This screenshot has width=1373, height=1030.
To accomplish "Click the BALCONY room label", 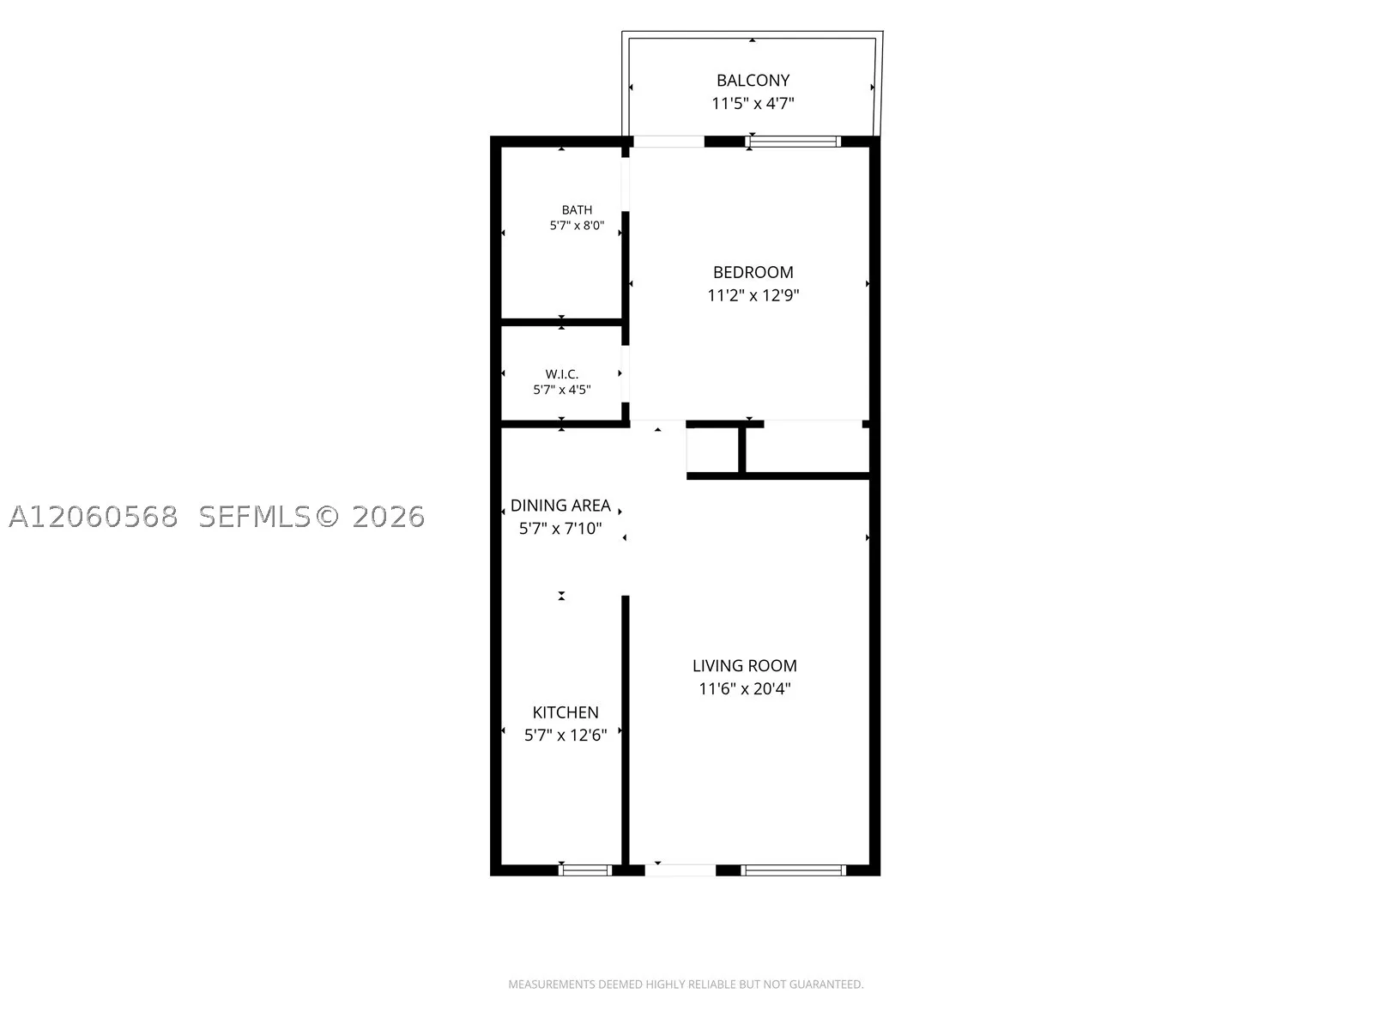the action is [753, 81].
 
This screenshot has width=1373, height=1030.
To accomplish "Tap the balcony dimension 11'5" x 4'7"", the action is [753, 103].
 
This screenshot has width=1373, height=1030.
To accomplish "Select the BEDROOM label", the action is [753, 273].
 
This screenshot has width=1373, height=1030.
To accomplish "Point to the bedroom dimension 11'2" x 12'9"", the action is [753, 295].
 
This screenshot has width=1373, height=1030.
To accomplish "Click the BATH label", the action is [577, 210].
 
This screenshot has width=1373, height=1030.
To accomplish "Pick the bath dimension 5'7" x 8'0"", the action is [577, 225].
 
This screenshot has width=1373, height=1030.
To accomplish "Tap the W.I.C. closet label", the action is [562, 374].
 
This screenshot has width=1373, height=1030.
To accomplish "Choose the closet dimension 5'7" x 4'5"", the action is [562, 390].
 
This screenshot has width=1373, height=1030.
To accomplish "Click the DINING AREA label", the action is [560, 506].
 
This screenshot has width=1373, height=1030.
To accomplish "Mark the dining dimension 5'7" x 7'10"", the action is [560, 529].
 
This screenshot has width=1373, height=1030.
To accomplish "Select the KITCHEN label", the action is [566, 712].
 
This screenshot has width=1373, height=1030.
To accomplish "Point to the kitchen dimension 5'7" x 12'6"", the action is [566, 735].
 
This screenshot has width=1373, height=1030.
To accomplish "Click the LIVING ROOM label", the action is [744, 666].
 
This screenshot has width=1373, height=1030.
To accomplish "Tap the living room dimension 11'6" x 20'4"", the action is [744, 688].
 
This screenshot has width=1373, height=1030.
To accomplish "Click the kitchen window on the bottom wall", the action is [585, 869].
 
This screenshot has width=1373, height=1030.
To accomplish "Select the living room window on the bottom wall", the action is [793, 869].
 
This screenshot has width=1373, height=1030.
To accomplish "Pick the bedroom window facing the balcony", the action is [793, 142].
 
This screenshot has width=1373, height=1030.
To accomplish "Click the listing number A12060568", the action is [94, 517].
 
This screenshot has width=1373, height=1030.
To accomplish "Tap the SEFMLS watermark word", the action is [255, 517].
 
